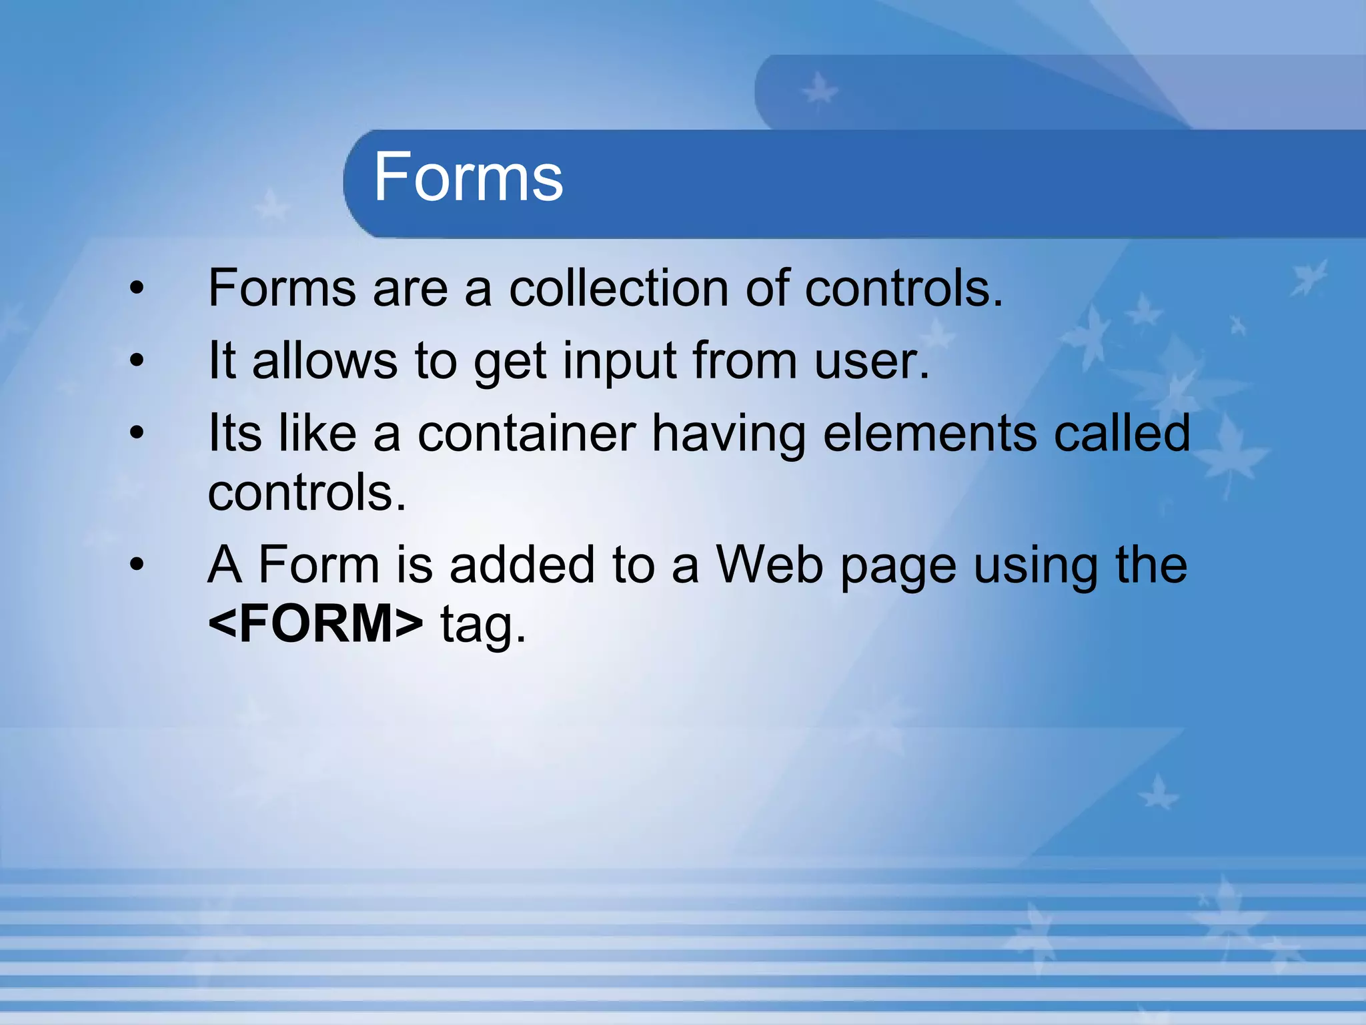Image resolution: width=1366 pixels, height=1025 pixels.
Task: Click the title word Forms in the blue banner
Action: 468,176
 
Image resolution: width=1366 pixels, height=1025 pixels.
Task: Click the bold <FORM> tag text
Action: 315,623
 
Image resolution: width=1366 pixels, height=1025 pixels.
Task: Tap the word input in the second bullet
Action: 620,361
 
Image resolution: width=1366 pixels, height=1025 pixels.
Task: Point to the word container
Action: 526,433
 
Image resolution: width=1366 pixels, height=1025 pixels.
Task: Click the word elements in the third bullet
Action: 930,433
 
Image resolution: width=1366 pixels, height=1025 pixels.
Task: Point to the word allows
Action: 325,361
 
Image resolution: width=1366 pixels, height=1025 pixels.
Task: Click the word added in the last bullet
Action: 522,565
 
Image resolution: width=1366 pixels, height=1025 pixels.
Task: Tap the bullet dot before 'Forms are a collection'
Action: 137,288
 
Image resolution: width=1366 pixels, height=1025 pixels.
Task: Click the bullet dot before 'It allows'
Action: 137,361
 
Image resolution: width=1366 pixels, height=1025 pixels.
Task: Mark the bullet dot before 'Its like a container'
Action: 137,433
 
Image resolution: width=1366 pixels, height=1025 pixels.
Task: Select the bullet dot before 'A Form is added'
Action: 137,565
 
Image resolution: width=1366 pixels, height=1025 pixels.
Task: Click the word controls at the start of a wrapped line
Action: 307,492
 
